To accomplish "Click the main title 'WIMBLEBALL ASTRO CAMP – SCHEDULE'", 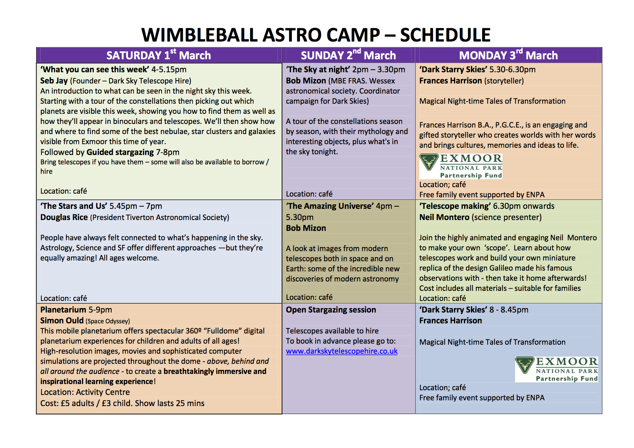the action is click(x=316, y=35).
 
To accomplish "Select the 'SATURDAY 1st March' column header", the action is click(x=159, y=55).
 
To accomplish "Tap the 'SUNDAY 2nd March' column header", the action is click(x=348, y=55).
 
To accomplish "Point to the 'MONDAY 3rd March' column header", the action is click(x=508, y=55).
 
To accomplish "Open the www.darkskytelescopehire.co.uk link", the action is click(x=342, y=351).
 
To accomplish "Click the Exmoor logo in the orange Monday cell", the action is click(x=461, y=166).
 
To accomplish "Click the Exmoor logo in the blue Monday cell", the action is click(x=557, y=369).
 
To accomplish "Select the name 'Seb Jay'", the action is click(x=54, y=81).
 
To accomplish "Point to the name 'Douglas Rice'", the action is click(x=64, y=217).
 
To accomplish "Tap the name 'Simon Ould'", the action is click(x=62, y=320).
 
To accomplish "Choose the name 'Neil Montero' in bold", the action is click(x=444, y=217).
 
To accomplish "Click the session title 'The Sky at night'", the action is click(x=318, y=69).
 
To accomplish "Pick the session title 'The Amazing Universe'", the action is click(x=330, y=206).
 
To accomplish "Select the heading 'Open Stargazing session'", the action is click(x=331, y=310).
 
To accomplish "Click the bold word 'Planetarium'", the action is click(x=63, y=310).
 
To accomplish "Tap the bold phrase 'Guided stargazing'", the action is click(x=120, y=152).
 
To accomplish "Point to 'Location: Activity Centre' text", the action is click(x=85, y=392).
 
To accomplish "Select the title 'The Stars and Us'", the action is click(x=74, y=206).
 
